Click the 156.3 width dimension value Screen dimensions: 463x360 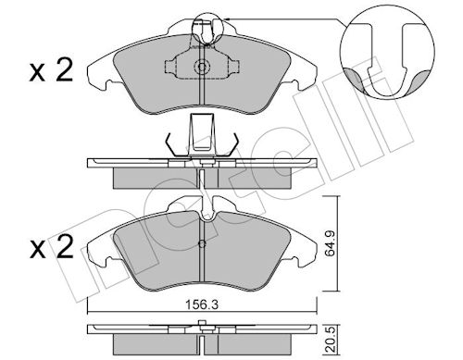click(x=202, y=305)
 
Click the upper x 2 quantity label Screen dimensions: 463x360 click(x=51, y=71)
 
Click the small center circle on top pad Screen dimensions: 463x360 click(x=202, y=67)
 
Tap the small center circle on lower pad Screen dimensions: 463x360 click(x=202, y=243)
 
